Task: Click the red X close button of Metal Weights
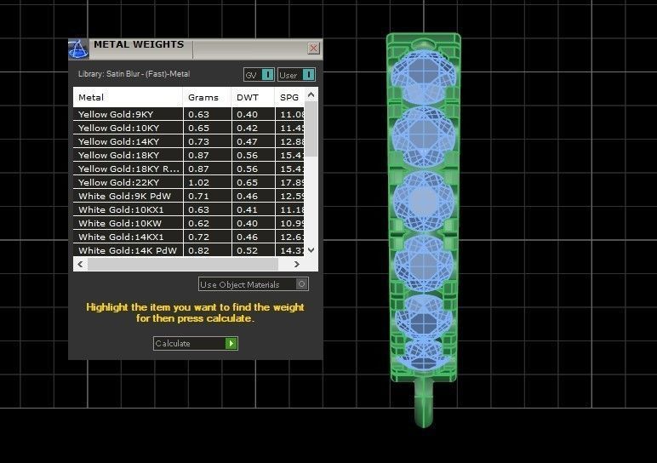pos(313,49)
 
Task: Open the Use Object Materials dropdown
pos(301,284)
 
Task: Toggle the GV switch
pos(267,75)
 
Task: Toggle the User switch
pos(307,75)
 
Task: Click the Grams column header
pos(203,97)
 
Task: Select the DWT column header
pos(247,97)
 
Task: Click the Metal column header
pos(91,97)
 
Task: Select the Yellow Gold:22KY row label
pos(118,182)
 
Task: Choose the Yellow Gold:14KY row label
pos(118,141)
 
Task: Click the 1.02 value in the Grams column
pos(198,182)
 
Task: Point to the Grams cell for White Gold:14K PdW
pos(198,250)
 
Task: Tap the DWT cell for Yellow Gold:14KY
pos(247,141)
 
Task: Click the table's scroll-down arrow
pos(311,250)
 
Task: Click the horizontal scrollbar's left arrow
pos(80,264)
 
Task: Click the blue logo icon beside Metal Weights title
pos(78,49)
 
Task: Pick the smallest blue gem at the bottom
pos(423,353)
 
